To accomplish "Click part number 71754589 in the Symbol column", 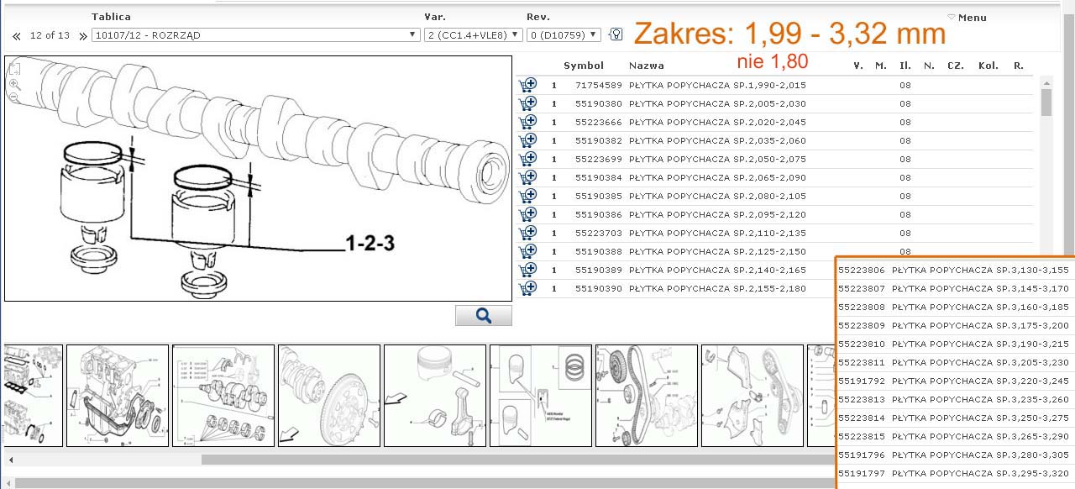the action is (x=599, y=86).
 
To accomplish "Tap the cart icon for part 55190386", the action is (x=527, y=214).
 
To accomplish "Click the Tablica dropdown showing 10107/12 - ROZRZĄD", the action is (x=256, y=35).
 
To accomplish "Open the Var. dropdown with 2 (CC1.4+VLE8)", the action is (x=473, y=35).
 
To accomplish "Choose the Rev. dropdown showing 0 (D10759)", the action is (x=564, y=35).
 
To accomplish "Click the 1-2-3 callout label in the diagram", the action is (x=370, y=243).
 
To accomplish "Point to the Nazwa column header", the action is (x=647, y=66).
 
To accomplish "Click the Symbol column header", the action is (x=584, y=66).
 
